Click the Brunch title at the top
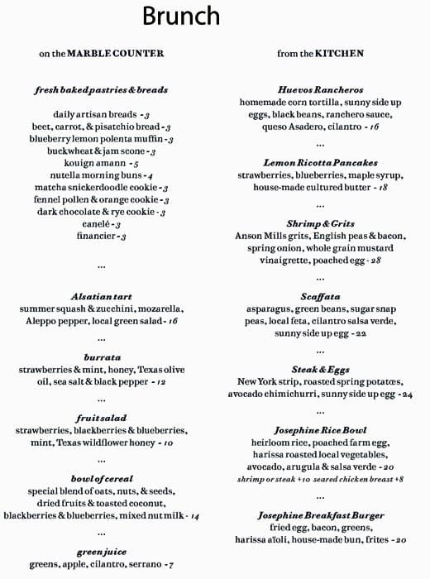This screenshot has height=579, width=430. pyautogui.click(x=181, y=17)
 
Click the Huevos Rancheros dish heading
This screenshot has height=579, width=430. pyautogui.click(x=320, y=89)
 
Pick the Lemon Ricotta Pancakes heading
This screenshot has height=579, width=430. pyautogui.click(x=320, y=163)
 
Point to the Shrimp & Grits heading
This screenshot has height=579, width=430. pyautogui.click(x=320, y=223)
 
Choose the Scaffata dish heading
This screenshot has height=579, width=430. pyautogui.click(x=320, y=296)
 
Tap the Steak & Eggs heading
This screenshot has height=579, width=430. pyautogui.click(x=320, y=369)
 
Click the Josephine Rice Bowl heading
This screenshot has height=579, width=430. pyautogui.click(x=320, y=430)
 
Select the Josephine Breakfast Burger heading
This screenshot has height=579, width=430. pyautogui.click(x=320, y=515)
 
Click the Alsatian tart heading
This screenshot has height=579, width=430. pyautogui.click(x=102, y=296)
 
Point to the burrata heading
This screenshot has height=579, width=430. pyautogui.click(x=102, y=357)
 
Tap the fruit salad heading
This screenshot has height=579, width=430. pyautogui.click(x=102, y=419)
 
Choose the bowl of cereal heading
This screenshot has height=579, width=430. pyautogui.click(x=102, y=479)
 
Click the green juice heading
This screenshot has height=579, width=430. pyautogui.click(x=102, y=552)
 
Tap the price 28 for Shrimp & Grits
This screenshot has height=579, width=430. pyautogui.click(x=375, y=261)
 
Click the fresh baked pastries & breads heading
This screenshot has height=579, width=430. pyautogui.click(x=102, y=89)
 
